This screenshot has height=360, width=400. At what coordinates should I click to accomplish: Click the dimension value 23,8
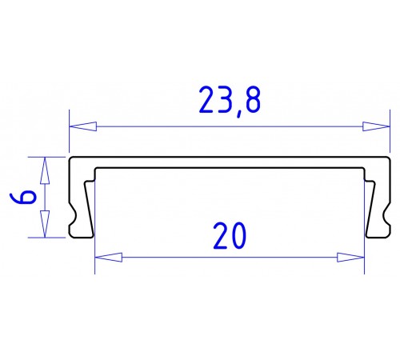pyautogui.click(x=230, y=101)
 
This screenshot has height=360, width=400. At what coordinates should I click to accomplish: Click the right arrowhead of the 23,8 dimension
pyautogui.click(x=375, y=126)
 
